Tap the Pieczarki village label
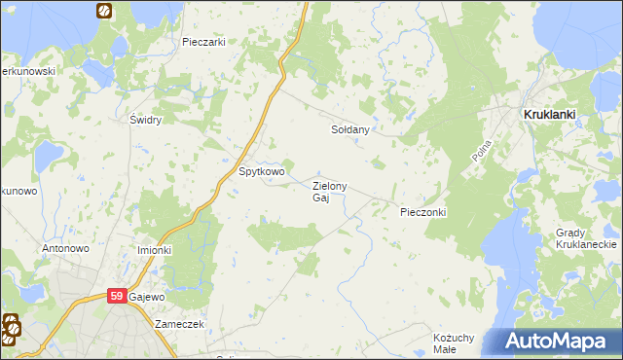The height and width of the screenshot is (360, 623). coord(203,43)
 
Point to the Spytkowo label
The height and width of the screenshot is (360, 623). coord(262,172)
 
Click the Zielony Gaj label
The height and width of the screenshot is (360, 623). coord(329,192)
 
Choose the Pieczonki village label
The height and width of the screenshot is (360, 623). coord(422,211)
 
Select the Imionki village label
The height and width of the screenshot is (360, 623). coord(154,249)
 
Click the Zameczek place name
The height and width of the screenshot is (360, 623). coord(178,324)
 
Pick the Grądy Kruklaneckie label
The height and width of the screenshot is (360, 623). coord(587,239)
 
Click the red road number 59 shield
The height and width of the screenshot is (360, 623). coord(117,296)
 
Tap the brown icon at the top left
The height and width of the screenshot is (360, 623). coord(103,12)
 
